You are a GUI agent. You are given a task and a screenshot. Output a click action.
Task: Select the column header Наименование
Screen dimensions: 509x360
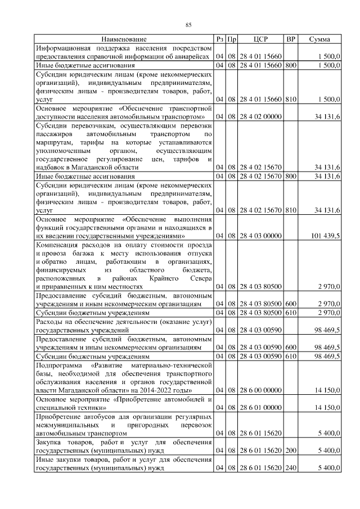(124, 39)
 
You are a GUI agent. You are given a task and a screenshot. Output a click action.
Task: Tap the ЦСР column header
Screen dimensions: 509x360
(260, 39)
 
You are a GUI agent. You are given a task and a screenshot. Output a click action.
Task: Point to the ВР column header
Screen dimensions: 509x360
(291, 39)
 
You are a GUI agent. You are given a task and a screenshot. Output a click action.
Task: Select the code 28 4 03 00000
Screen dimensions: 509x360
(260, 236)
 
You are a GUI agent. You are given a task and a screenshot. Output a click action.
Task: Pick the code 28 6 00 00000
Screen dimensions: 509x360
(260, 390)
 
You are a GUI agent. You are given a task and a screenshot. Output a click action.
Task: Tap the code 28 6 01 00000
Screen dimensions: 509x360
(260, 408)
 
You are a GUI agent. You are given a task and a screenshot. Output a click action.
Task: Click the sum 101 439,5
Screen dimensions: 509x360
(323, 236)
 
